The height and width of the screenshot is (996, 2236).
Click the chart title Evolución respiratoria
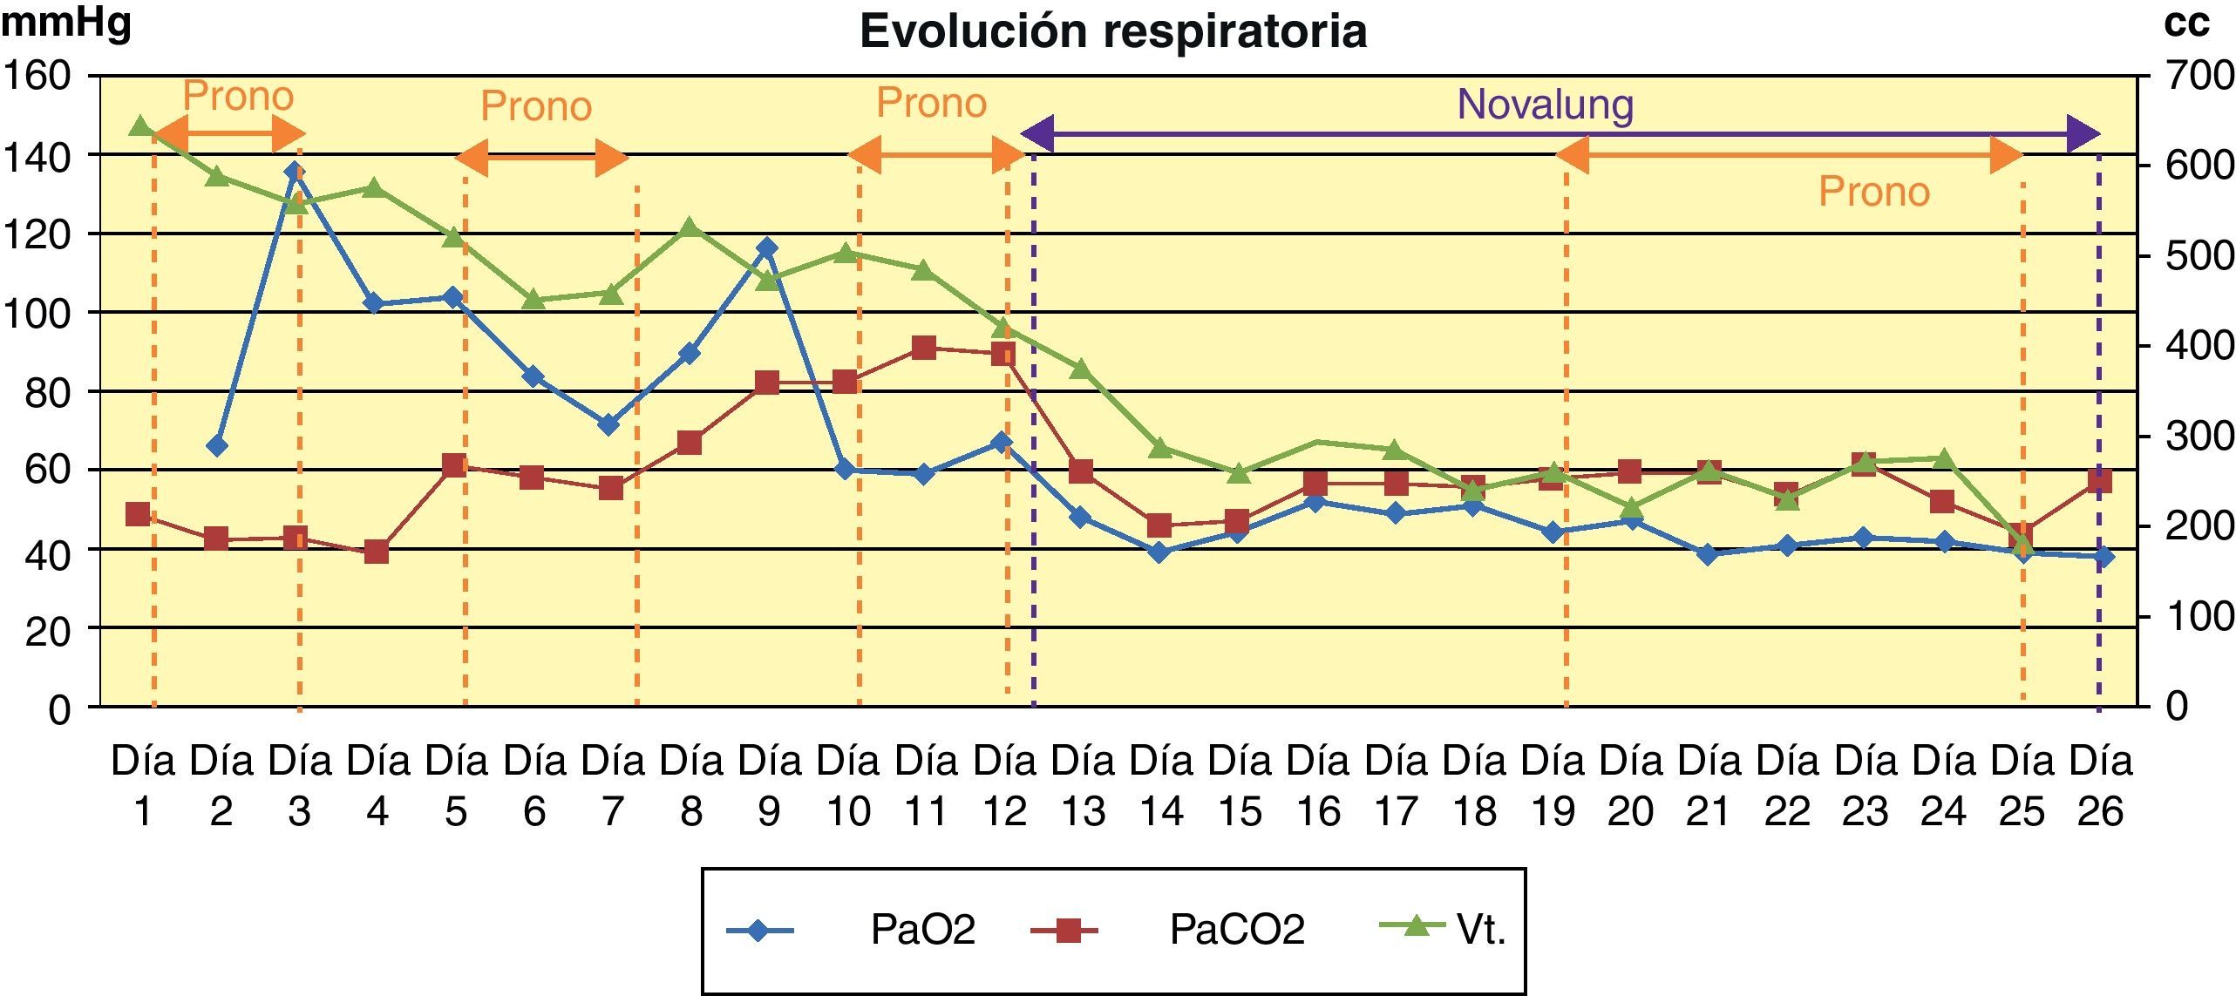pos(1112,32)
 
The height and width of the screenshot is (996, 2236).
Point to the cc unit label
pos(2186,24)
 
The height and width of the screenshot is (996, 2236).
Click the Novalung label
pos(1545,105)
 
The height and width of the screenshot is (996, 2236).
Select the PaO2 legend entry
pos(922,930)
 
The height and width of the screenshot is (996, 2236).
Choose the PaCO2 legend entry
pos(1236,930)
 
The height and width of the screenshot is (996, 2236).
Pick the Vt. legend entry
pos(1481,930)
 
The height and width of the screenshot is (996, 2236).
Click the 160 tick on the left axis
pos(37,77)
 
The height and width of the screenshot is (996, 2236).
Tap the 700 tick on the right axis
pos(2199,77)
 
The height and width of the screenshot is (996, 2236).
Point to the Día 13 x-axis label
pos(1084,786)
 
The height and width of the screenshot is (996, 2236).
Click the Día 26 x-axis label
pos(2101,786)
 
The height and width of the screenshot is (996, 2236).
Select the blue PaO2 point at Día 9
pos(766,248)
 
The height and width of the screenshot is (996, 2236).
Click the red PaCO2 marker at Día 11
pos(924,349)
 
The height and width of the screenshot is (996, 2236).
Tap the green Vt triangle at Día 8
pos(690,227)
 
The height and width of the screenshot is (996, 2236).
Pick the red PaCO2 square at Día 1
pos(138,514)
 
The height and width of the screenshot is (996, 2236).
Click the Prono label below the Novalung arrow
pos(1873,193)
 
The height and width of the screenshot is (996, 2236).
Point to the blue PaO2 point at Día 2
pos(217,446)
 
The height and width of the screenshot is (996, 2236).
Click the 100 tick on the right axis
pos(2199,617)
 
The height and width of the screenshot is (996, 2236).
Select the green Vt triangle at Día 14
pos(1159,448)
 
